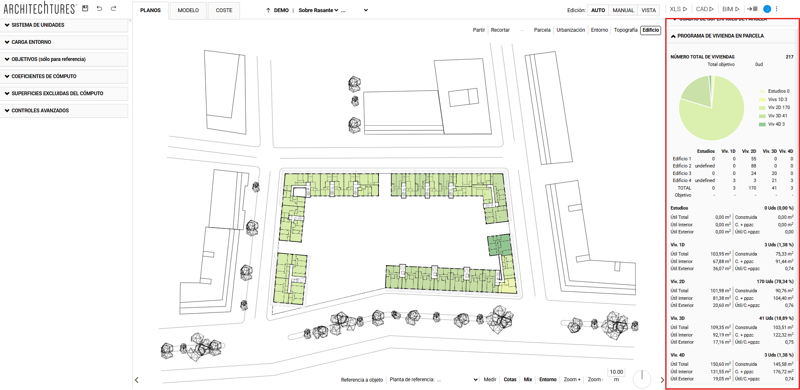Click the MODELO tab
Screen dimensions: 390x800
(x=188, y=10)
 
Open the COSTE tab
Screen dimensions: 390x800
(x=224, y=10)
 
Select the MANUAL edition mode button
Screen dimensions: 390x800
(x=623, y=10)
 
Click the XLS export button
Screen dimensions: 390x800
(x=678, y=9)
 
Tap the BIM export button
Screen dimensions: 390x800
(x=731, y=9)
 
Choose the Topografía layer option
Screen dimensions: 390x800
(x=626, y=30)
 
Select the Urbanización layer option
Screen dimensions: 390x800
(x=570, y=30)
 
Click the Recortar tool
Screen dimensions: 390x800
(x=500, y=30)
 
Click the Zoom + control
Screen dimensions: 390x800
(x=572, y=380)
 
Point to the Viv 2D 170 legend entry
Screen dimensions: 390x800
(x=778, y=108)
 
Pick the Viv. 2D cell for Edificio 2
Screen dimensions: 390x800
(x=753, y=166)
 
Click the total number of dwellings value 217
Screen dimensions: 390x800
(x=789, y=57)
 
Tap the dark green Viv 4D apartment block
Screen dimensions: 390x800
(x=499, y=245)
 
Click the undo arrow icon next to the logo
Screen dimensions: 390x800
(x=99, y=8)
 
